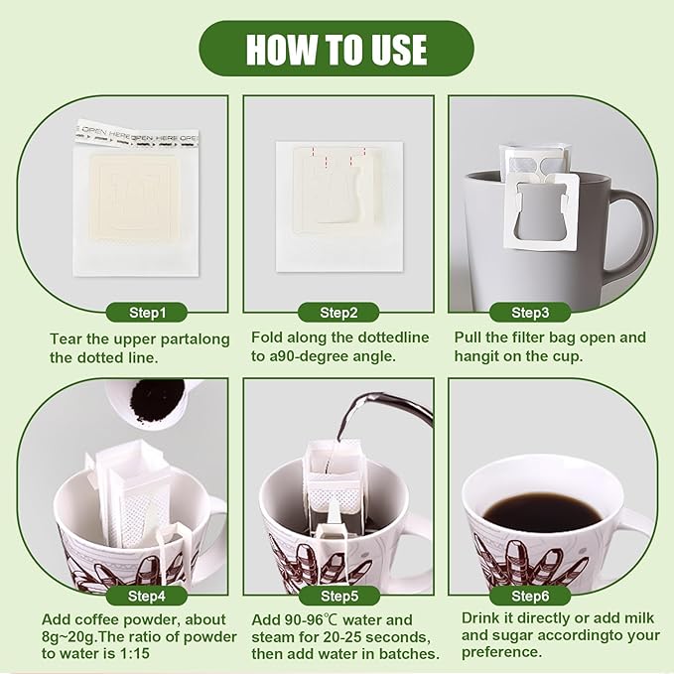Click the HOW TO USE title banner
(x=337, y=49)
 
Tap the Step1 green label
(x=148, y=313)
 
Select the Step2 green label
(x=338, y=313)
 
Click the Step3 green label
(x=530, y=313)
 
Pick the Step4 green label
(x=148, y=596)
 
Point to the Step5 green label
(x=338, y=596)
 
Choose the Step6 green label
(x=530, y=596)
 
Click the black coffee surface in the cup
(x=541, y=512)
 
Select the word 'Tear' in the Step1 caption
(x=66, y=338)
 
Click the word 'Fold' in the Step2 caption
(x=267, y=337)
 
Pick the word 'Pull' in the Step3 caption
(x=470, y=337)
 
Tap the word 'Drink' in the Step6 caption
(x=482, y=617)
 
